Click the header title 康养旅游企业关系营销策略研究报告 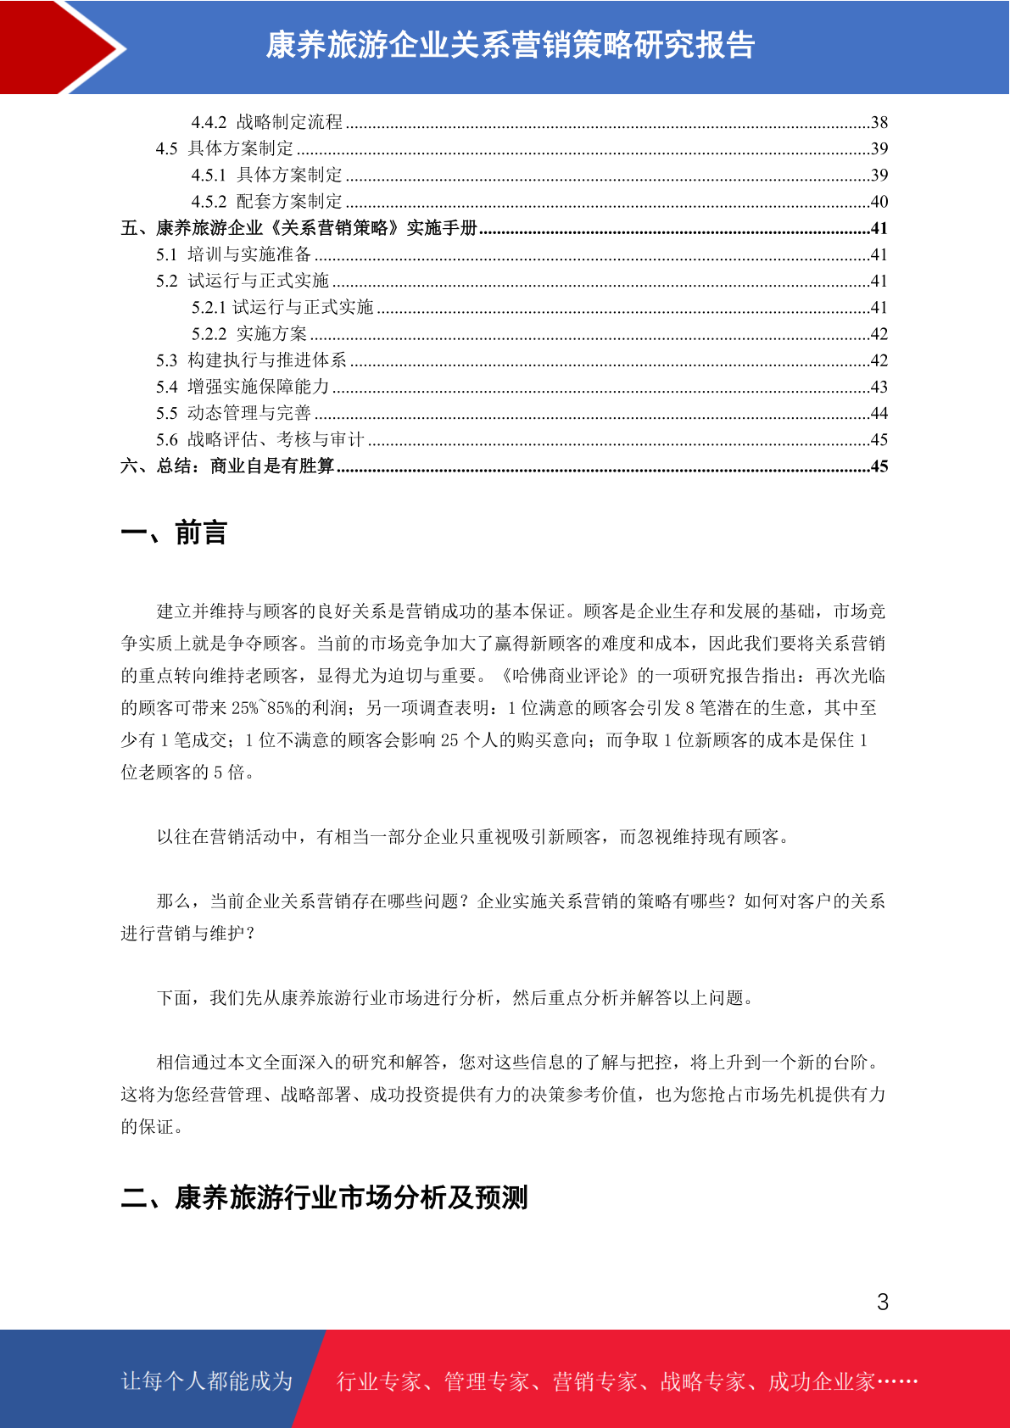pyautogui.click(x=511, y=45)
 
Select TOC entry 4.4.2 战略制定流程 pyautogui.click(x=267, y=122)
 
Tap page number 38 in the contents pyautogui.click(x=879, y=122)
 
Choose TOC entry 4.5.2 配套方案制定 pyautogui.click(x=267, y=202)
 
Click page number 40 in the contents pyautogui.click(x=879, y=202)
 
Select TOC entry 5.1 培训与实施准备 pyautogui.click(x=234, y=254)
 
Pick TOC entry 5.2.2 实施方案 pyautogui.click(x=249, y=334)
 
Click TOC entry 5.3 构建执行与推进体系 pyautogui.click(x=252, y=360)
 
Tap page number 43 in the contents pyautogui.click(x=879, y=387)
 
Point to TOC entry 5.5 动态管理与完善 pyautogui.click(x=234, y=413)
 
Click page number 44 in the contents pyautogui.click(x=879, y=413)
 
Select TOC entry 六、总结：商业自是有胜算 pyautogui.click(x=228, y=466)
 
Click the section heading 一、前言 pyautogui.click(x=175, y=533)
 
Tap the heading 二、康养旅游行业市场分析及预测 pyautogui.click(x=325, y=1197)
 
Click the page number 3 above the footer pyautogui.click(x=883, y=1302)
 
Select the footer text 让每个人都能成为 pyautogui.click(x=207, y=1381)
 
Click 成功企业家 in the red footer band pyautogui.click(x=821, y=1382)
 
